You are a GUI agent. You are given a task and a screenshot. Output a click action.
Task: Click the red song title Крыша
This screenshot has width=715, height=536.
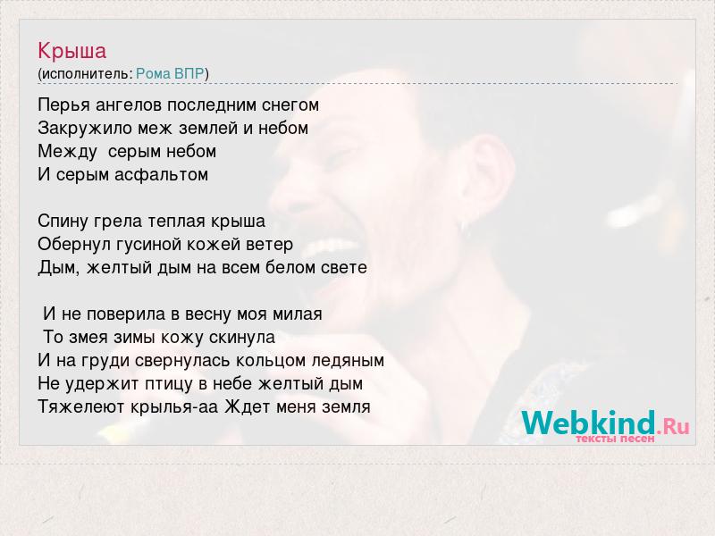point(72,51)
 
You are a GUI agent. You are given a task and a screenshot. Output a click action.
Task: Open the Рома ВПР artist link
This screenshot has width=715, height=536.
point(170,74)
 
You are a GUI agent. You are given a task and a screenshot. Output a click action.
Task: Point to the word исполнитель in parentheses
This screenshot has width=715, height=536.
point(87,74)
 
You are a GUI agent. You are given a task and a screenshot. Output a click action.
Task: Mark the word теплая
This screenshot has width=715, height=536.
point(177,222)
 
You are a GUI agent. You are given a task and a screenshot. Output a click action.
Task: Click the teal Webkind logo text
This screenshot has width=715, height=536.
point(588,423)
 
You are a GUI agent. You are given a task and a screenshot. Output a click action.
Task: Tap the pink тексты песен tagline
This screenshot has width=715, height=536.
point(615,439)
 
